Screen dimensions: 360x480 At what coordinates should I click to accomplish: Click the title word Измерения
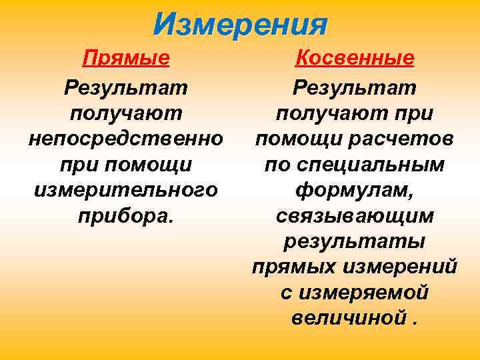point(240,25)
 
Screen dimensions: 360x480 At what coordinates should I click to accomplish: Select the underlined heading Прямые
point(125,59)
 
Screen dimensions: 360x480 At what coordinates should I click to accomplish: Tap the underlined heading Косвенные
point(355,59)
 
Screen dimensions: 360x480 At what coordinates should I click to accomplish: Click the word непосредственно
point(125,139)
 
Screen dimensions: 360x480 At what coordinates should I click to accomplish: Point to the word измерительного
point(125,190)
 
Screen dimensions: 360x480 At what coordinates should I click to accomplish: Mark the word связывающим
point(355,216)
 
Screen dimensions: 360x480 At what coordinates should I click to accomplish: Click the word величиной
point(347,318)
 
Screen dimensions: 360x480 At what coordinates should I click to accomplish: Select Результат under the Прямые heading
point(125,87)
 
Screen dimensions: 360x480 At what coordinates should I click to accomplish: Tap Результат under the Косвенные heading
point(355,87)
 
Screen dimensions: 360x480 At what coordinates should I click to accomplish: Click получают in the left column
point(125,113)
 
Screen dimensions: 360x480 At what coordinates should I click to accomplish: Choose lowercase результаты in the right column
point(355,241)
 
